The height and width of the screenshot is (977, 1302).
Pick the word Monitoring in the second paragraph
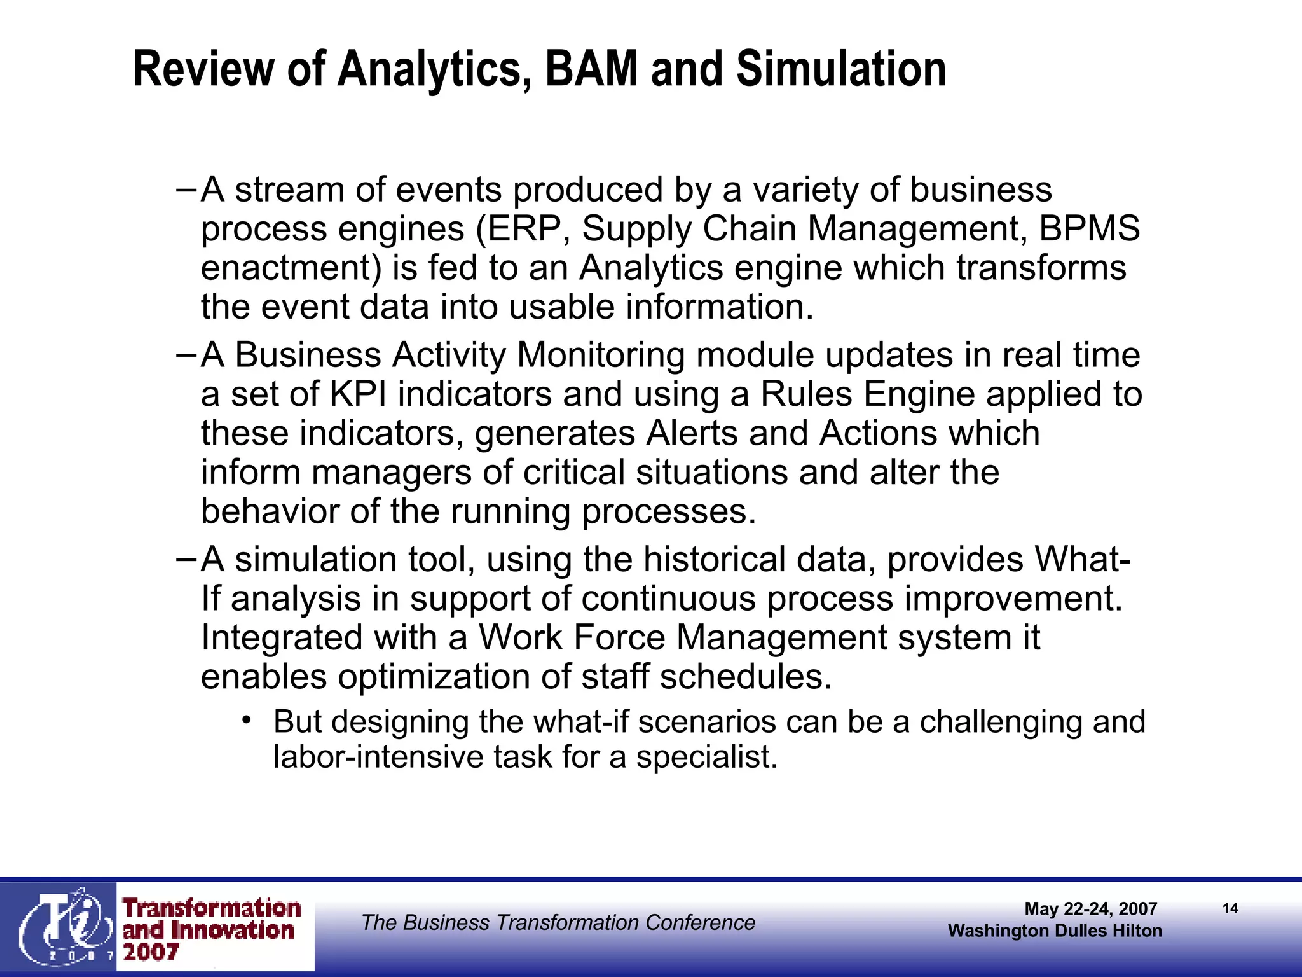601,355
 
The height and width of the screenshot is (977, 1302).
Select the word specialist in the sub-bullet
706,757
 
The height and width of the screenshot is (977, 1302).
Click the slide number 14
1230,908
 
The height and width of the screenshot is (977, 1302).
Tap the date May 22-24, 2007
1090,909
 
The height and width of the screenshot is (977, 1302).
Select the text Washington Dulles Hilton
1054,931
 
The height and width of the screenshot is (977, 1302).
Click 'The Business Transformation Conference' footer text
558,922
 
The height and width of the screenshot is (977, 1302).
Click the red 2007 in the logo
151,952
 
